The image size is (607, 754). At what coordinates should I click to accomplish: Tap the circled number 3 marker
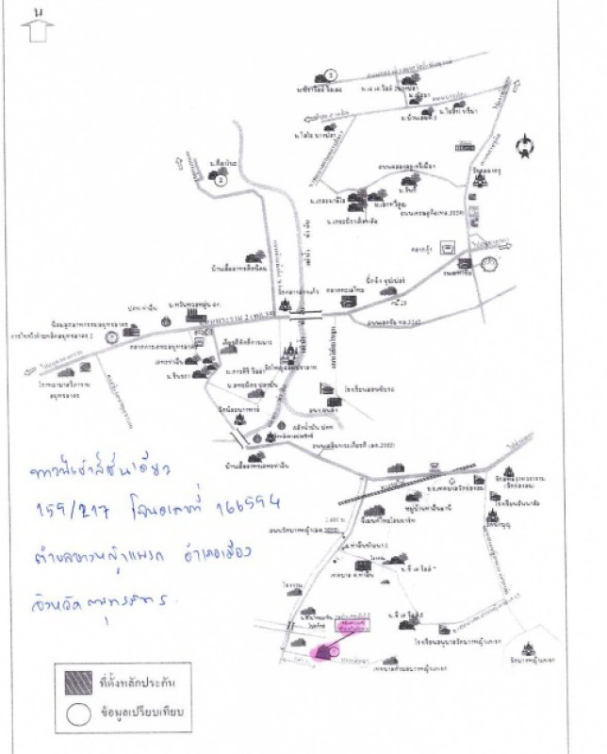(331, 74)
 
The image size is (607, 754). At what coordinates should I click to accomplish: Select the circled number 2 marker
(220, 178)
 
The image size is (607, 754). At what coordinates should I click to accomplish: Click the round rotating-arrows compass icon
(525, 144)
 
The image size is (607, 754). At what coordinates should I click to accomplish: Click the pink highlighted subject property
(323, 651)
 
